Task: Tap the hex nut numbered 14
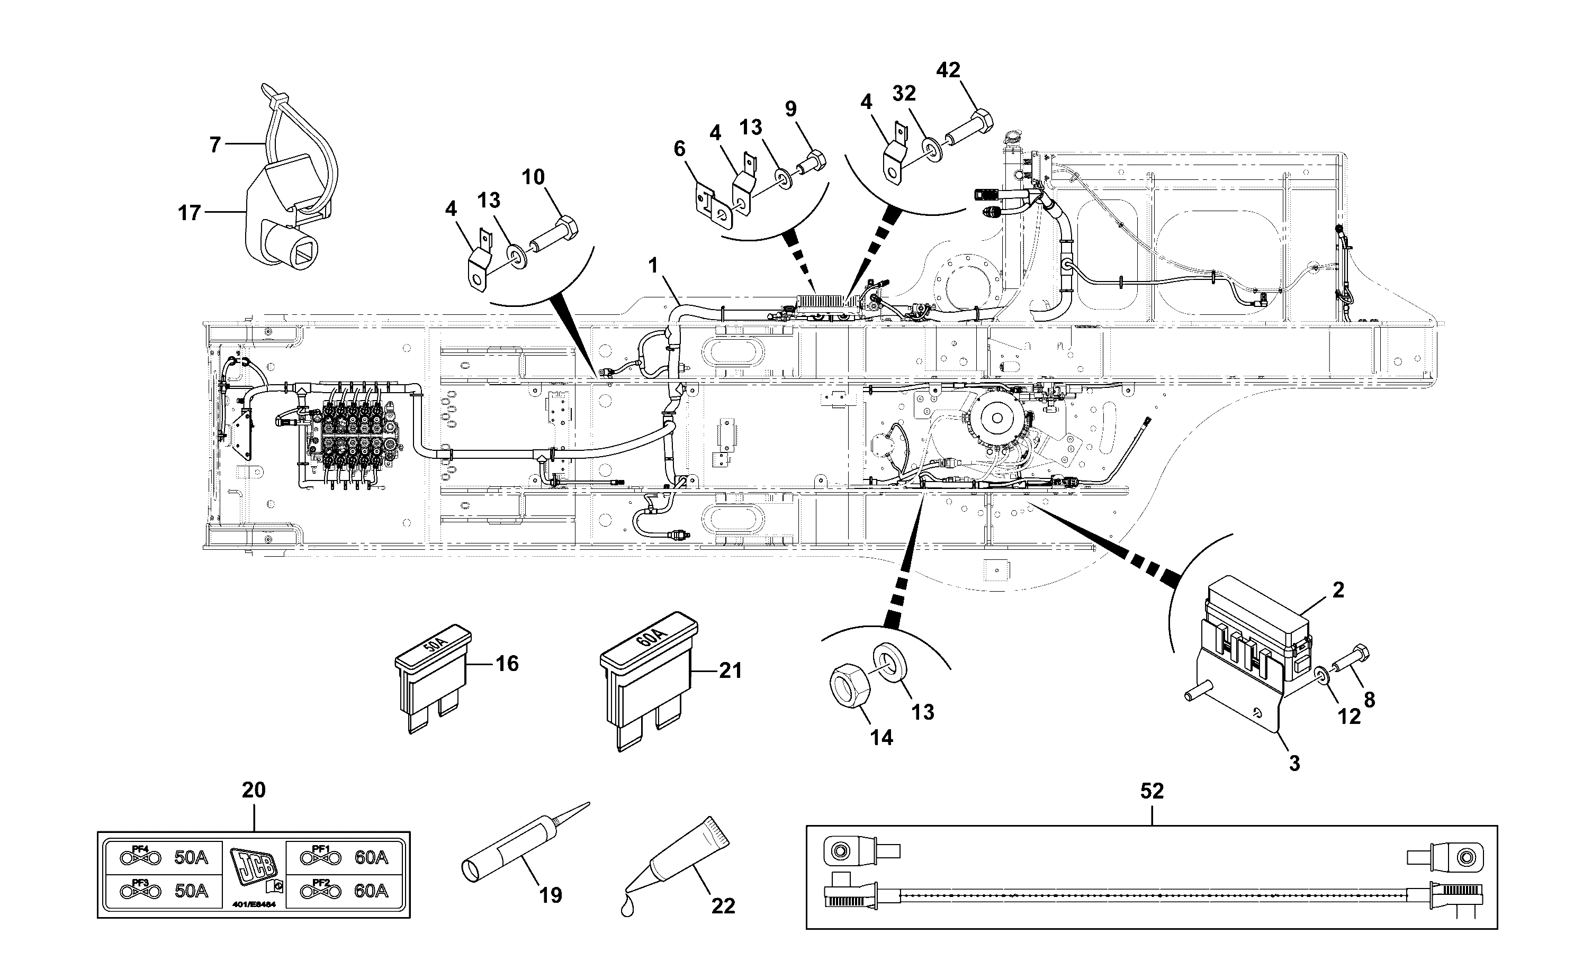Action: coord(849,689)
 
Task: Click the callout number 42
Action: coord(948,70)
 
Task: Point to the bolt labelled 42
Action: coord(968,130)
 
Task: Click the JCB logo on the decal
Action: coord(253,871)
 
